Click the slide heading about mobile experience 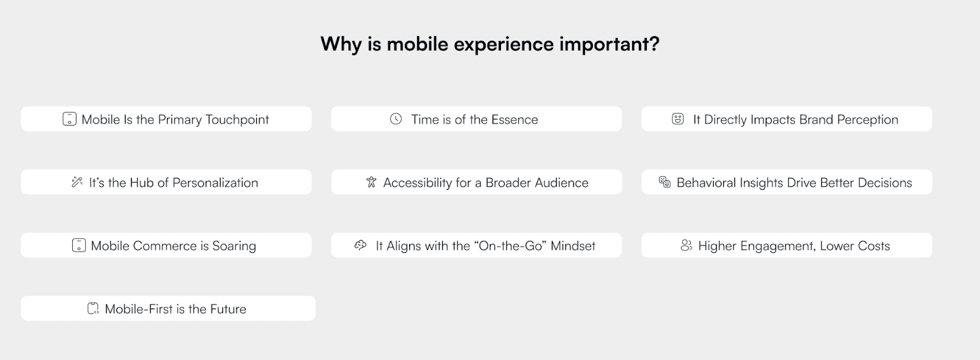pyautogui.click(x=489, y=44)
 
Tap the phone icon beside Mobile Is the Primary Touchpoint pyautogui.click(x=70, y=119)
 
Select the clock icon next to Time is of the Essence pyautogui.click(x=396, y=119)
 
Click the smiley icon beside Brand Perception pyautogui.click(x=677, y=119)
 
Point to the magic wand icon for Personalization pyautogui.click(x=77, y=182)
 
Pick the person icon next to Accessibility pyautogui.click(x=371, y=182)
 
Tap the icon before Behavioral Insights pyautogui.click(x=665, y=182)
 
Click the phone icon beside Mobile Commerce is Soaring pyautogui.click(x=79, y=245)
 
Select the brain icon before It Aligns pyautogui.click(x=361, y=245)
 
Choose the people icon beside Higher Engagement pyautogui.click(x=687, y=246)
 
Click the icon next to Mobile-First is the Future pyautogui.click(x=92, y=309)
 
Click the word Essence pyautogui.click(x=514, y=119)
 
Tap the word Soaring pyautogui.click(x=234, y=246)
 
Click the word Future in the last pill pyautogui.click(x=228, y=309)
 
